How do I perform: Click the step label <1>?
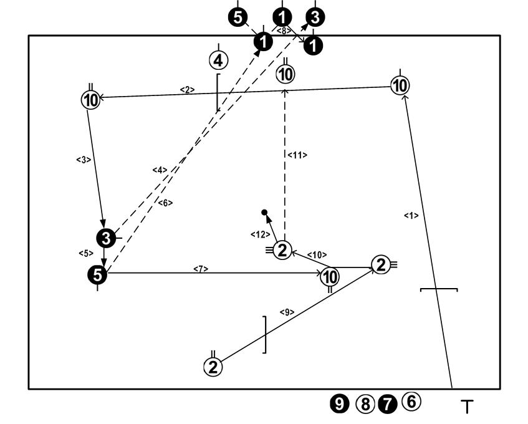coord(411,215)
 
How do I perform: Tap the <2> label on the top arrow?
coord(187,90)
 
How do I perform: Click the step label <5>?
coord(85,253)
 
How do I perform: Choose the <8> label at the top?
coord(283,29)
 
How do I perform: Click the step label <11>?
coord(297,155)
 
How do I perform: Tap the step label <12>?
coord(257,234)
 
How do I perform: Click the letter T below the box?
coord(466,407)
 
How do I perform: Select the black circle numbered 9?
coord(340,403)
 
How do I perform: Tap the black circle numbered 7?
coord(388,403)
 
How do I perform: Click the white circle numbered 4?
coord(218,60)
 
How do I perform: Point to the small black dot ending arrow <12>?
coord(264,213)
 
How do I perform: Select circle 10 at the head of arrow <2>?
coord(90,99)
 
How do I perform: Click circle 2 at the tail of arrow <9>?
coord(213,366)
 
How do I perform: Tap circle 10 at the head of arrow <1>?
coord(400,85)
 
